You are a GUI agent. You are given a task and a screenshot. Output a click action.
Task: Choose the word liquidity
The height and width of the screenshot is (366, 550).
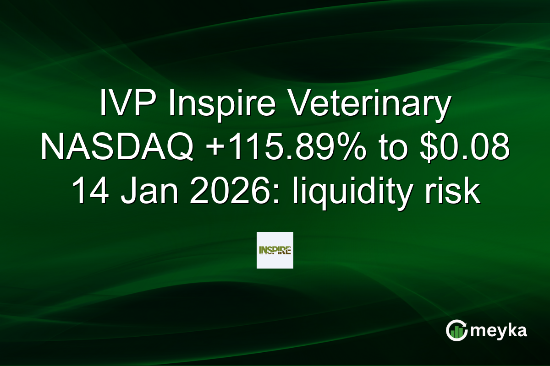point(341,190)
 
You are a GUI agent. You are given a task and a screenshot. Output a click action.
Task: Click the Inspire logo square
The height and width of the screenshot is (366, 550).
point(275,250)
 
